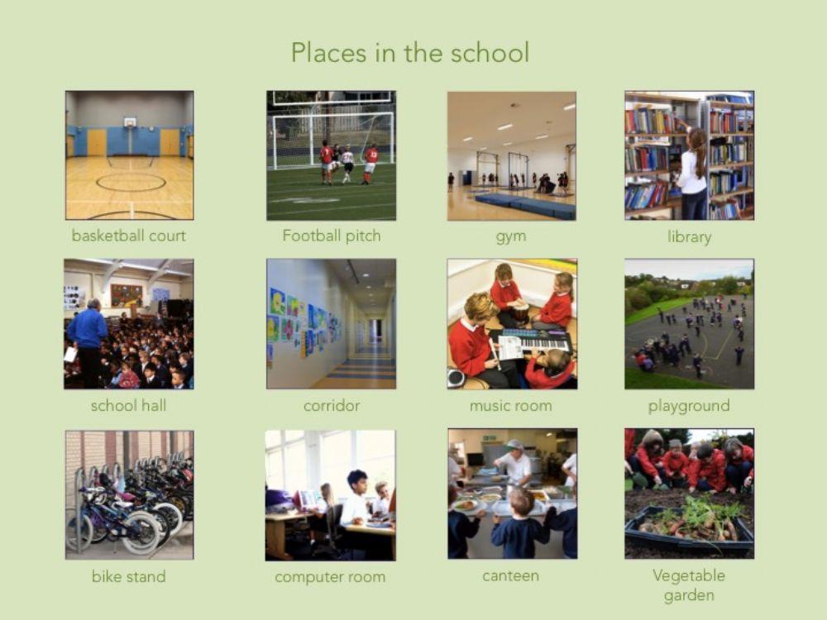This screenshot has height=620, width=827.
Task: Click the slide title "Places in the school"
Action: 409,53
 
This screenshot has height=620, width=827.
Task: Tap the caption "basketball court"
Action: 129,236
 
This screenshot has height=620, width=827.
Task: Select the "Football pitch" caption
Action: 332,236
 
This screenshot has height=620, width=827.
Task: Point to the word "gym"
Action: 511,236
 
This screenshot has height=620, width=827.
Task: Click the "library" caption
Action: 689,237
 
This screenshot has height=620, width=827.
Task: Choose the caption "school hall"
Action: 128,406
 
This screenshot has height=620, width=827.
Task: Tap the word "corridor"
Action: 332,406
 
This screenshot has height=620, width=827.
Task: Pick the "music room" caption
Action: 510,406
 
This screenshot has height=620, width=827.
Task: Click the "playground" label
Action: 689,406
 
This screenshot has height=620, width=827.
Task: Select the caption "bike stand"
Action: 128,576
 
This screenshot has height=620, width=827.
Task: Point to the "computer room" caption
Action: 330,577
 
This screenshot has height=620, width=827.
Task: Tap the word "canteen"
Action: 510,575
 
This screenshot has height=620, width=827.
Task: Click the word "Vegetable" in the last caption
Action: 689,575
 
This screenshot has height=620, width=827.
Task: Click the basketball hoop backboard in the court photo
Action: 130,122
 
